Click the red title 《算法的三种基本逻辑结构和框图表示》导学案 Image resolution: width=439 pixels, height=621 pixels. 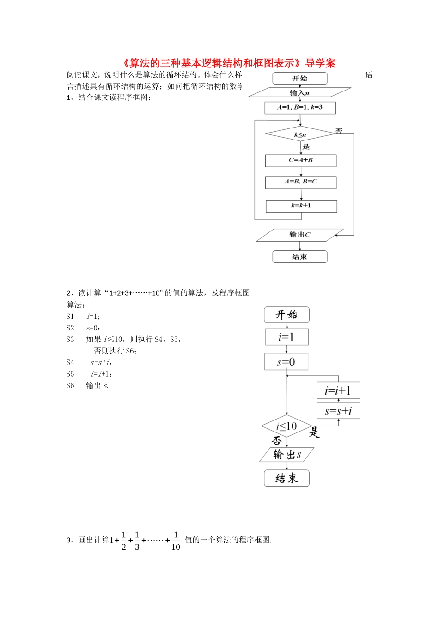click(x=229, y=63)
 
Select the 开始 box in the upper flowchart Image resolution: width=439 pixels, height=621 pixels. click(x=299, y=79)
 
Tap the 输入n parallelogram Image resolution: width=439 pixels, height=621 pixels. click(x=299, y=93)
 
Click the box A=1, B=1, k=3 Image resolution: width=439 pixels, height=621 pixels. click(x=300, y=108)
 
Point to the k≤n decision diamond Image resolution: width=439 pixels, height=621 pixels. click(x=300, y=134)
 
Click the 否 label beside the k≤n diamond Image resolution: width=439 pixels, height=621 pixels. click(x=339, y=131)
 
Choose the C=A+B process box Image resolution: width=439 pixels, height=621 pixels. click(x=300, y=160)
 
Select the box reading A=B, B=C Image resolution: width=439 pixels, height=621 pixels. click(x=300, y=182)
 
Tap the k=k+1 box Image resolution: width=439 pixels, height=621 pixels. click(x=301, y=206)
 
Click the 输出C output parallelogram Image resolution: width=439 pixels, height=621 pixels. click(x=300, y=235)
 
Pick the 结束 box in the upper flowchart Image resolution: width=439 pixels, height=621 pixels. click(x=299, y=257)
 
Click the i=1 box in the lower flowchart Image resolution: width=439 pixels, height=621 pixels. click(x=287, y=337)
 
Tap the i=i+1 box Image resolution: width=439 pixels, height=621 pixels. click(x=338, y=390)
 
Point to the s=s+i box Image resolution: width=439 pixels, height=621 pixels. click(x=338, y=411)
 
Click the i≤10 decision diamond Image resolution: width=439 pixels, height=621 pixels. click(x=287, y=426)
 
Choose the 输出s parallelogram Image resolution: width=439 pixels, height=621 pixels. click(x=287, y=455)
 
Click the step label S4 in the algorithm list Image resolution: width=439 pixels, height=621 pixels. click(x=70, y=363)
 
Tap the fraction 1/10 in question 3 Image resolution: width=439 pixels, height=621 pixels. click(x=176, y=541)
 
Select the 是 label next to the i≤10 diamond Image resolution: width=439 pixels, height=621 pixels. click(x=315, y=432)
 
